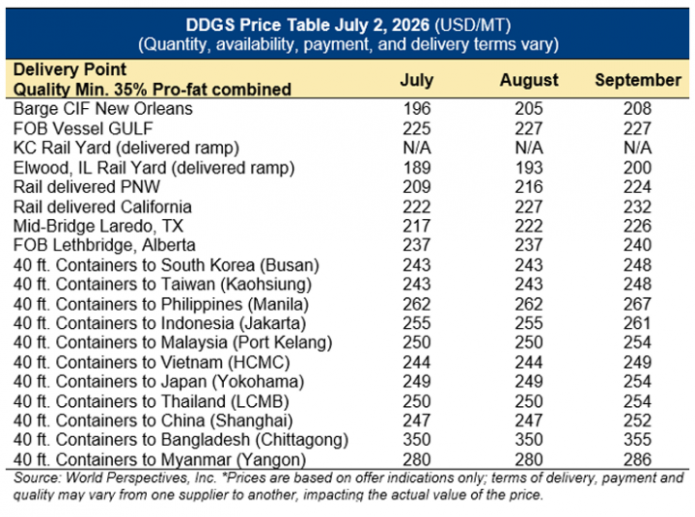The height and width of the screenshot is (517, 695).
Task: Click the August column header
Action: tap(529, 80)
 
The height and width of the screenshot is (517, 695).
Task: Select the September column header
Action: tap(638, 80)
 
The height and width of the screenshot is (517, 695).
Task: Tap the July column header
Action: tap(417, 80)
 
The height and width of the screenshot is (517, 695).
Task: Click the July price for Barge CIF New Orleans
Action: tap(417, 109)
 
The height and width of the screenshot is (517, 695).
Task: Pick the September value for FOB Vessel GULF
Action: tap(637, 128)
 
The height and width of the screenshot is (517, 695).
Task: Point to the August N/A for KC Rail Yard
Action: tap(529, 148)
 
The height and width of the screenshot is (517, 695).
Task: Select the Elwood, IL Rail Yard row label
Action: tap(153, 168)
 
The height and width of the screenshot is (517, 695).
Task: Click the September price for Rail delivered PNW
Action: tap(637, 187)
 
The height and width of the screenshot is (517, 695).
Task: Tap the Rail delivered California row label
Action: tap(102, 206)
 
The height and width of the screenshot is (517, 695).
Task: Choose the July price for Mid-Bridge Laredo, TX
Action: tap(417, 226)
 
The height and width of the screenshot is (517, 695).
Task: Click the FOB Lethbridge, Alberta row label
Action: tap(104, 245)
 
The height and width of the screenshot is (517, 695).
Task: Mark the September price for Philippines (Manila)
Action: tap(637, 304)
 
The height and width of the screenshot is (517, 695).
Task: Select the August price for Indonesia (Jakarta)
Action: tap(529, 323)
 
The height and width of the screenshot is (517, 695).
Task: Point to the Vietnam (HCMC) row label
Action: tap(152, 363)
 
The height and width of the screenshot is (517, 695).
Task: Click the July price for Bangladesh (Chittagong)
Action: tap(417, 440)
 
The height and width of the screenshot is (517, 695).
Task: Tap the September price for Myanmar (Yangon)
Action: tap(637, 459)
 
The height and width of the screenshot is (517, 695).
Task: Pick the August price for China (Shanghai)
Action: tap(529, 421)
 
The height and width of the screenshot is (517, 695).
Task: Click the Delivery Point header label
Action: tap(69, 69)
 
